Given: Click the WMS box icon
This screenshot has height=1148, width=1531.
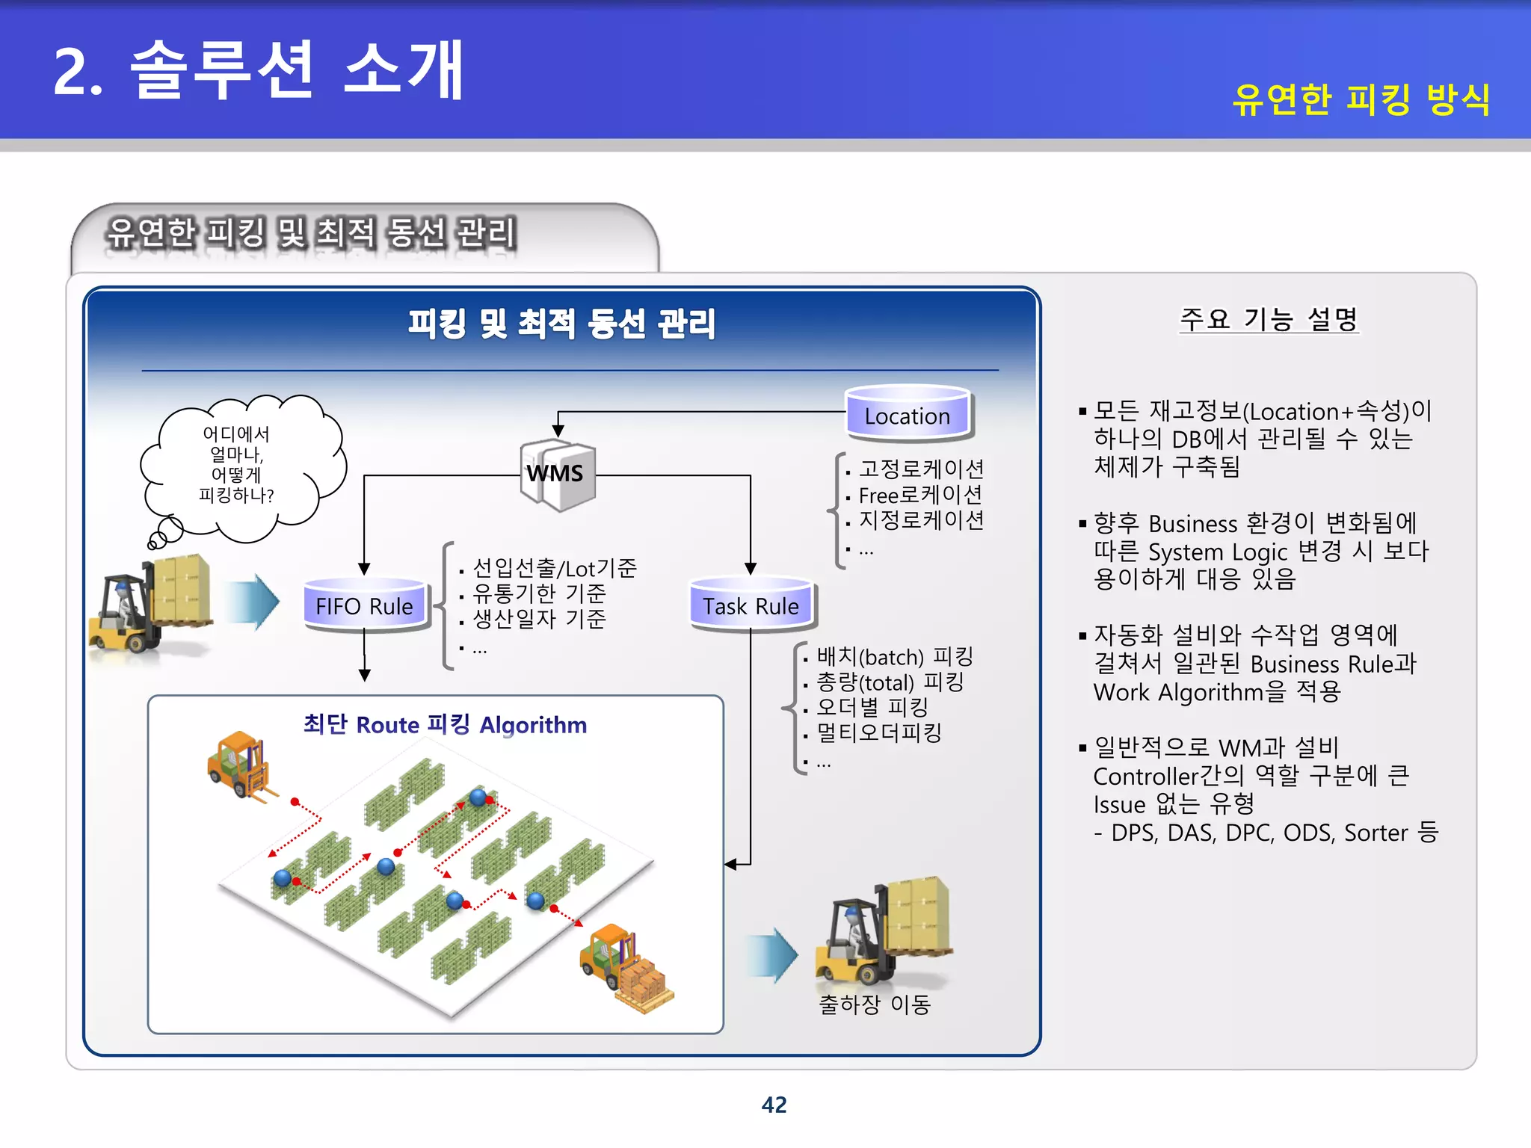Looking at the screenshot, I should (557, 474).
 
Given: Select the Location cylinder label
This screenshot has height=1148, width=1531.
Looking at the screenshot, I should (907, 416).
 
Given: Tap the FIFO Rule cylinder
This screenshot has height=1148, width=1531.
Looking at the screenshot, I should (364, 606).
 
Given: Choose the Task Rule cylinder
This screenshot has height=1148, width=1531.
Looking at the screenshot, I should (751, 606).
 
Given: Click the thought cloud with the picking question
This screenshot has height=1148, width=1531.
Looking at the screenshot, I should (238, 465).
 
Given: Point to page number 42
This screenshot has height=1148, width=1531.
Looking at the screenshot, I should (774, 1105).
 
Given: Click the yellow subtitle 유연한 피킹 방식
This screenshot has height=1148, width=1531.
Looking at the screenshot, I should (1361, 99).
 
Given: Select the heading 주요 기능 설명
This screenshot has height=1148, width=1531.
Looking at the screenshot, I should (1269, 320).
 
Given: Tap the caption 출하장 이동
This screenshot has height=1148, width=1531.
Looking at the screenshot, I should (874, 1004).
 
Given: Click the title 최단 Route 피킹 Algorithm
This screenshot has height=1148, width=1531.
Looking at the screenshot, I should (445, 724).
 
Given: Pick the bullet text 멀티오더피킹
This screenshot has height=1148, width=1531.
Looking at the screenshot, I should (878, 732).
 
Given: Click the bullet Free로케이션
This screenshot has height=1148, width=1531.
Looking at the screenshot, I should (920, 495).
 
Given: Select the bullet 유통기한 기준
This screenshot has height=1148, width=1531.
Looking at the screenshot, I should (539, 593).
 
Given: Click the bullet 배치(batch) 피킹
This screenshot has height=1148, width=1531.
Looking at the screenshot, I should (894, 657).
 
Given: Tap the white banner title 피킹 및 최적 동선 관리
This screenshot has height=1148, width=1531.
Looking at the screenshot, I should (561, 324).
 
